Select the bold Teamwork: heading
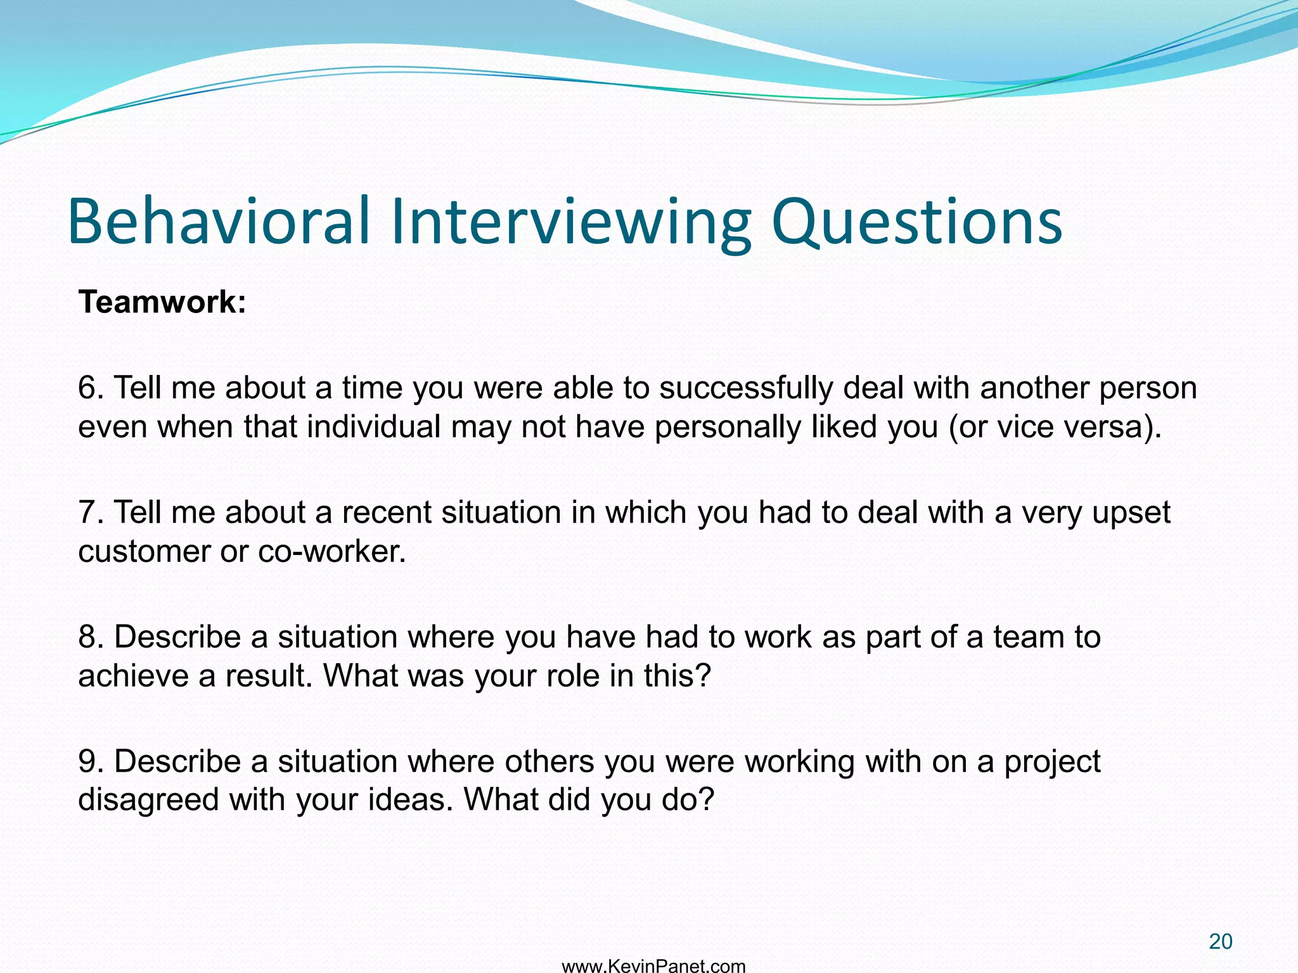coord(162,302)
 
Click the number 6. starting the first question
coord(91,387)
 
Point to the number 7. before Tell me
coord(91,512)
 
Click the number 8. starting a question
coord(91,637)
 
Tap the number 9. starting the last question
coord(91,761)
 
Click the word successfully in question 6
coord(745,388)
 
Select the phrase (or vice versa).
coord(1055,426)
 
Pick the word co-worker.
coord(331,551)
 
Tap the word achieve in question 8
coord(133,676)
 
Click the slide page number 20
coord(1220,942)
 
